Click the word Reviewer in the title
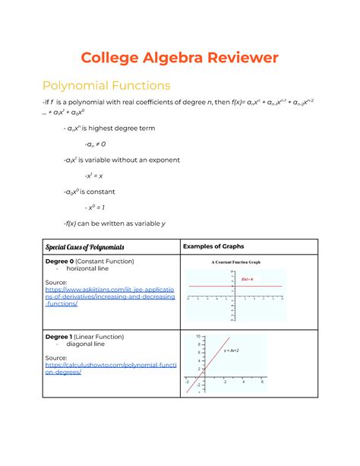233,57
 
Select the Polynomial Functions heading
106,85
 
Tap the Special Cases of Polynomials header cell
85,247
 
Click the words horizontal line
91,270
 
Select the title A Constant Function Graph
235,262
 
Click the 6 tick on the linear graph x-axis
262,382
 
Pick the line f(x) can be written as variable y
115,223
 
